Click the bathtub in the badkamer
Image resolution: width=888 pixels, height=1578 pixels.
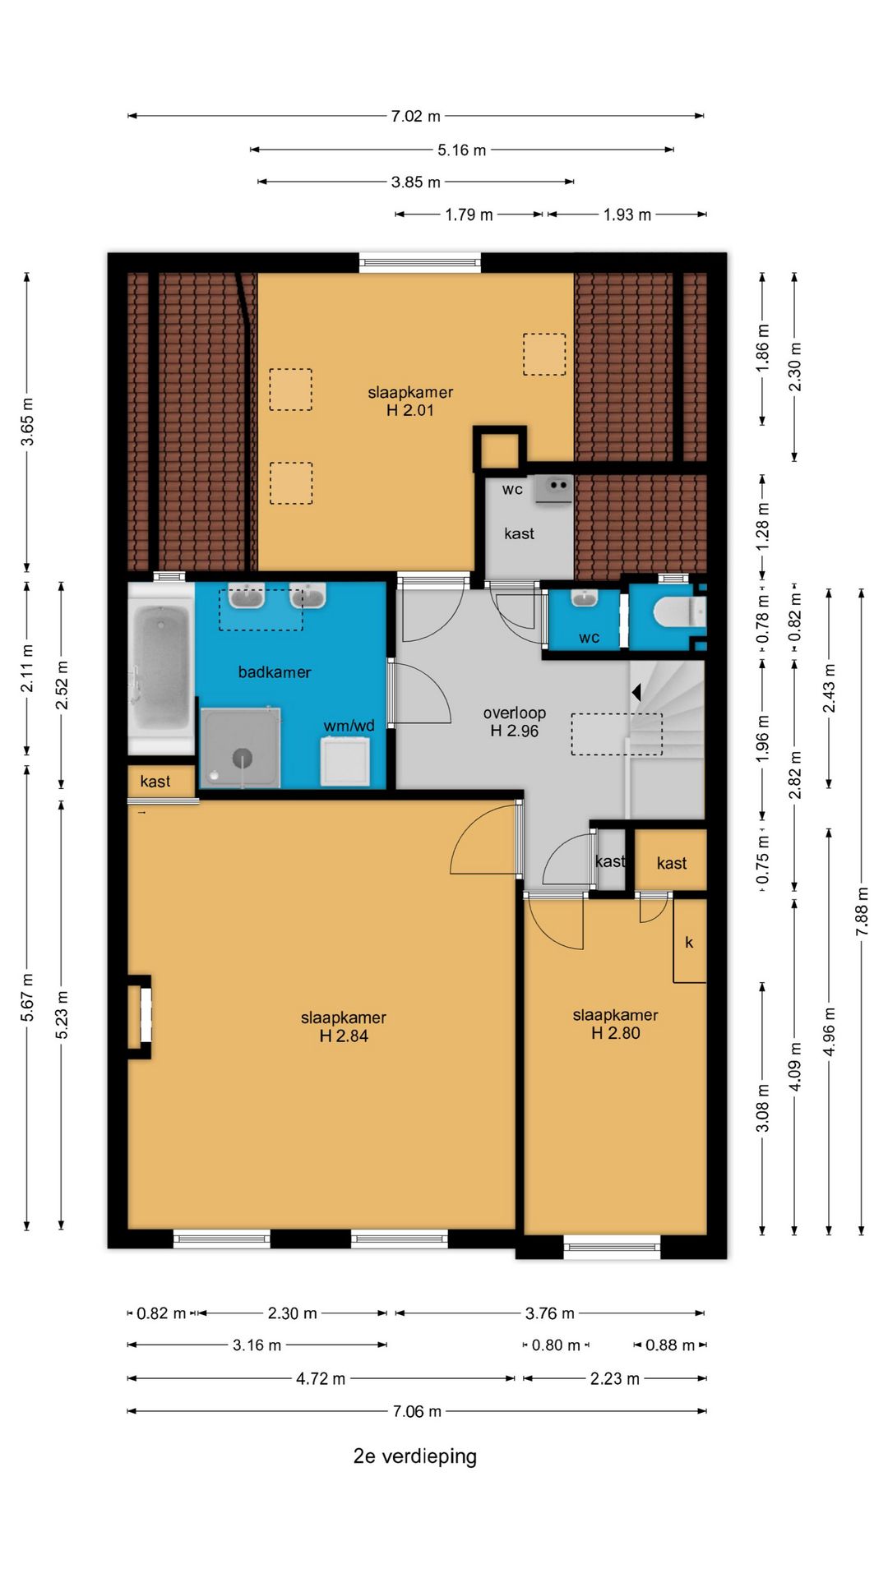161,667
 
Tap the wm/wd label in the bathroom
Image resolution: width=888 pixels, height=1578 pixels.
349,726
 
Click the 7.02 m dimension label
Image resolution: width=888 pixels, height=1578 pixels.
416,116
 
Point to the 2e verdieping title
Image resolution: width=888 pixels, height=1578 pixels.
415,1456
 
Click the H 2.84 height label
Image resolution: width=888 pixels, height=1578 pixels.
344,1036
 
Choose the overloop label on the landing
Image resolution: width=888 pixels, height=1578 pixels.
515,713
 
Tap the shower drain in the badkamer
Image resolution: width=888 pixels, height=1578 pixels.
242,758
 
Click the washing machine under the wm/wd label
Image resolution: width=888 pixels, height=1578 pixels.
345,761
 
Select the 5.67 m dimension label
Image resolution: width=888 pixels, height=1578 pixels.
27,998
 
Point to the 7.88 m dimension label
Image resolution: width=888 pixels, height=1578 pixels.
862,911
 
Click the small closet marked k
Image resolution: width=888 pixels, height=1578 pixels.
690,941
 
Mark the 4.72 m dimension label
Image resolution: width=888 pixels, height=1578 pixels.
321,1378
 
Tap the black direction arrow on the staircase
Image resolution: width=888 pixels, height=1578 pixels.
636,693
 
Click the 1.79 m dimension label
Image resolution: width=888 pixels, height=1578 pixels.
469,215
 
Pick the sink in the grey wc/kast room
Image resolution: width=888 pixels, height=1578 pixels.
554,488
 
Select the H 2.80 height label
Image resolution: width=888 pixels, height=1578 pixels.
616,1033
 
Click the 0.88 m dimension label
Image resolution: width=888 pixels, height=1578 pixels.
670,1345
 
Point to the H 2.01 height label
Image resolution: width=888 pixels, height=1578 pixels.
410,410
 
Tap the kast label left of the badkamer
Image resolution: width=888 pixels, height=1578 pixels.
155,781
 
